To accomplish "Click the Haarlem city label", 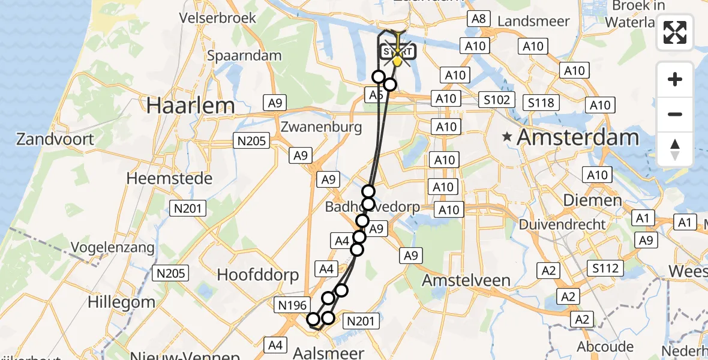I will coord(191,106).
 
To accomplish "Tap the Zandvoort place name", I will coord(55,140).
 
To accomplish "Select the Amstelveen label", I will coord(466,280).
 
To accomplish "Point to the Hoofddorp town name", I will coord(258,275).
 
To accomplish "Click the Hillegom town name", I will coord(121,302).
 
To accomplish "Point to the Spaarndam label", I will coord(244,56).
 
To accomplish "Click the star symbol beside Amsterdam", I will coord(508,137).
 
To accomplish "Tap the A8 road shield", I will coord(478,19).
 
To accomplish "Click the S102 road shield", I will coord(497,100).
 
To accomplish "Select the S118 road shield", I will coord(541,103).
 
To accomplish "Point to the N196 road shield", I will coord(293,305).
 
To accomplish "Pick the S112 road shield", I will coord(605,268).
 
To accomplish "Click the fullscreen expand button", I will coord(675,32).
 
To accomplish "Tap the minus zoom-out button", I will coord(675,114).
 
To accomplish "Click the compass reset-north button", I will coord(675,149).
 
